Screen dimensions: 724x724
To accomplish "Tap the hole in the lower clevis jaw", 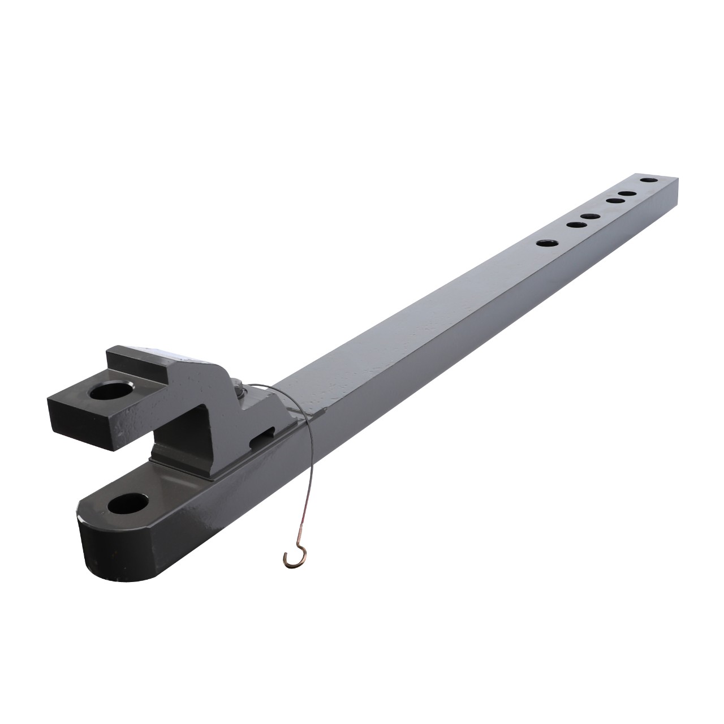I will (131, 503).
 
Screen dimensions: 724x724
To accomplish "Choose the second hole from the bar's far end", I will (624, 194).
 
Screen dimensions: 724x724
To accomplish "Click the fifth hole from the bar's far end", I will (575, 224).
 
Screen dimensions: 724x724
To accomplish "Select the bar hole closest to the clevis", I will (546, 243).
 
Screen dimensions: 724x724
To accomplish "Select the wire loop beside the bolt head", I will (266, 390).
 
